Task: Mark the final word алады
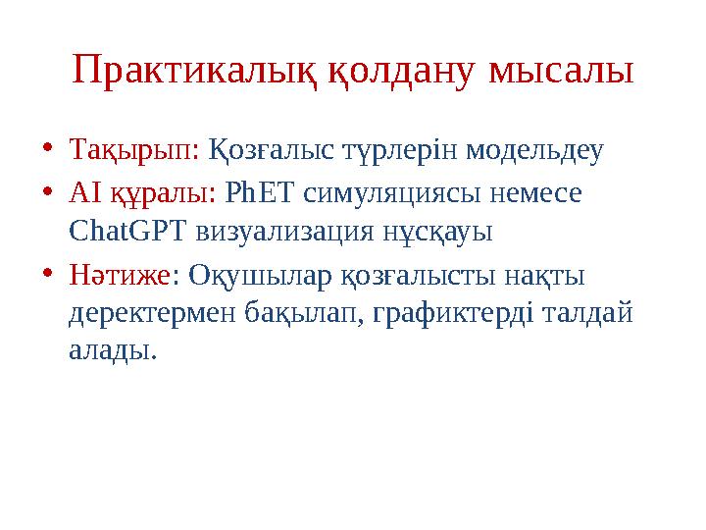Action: pos(112,351)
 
